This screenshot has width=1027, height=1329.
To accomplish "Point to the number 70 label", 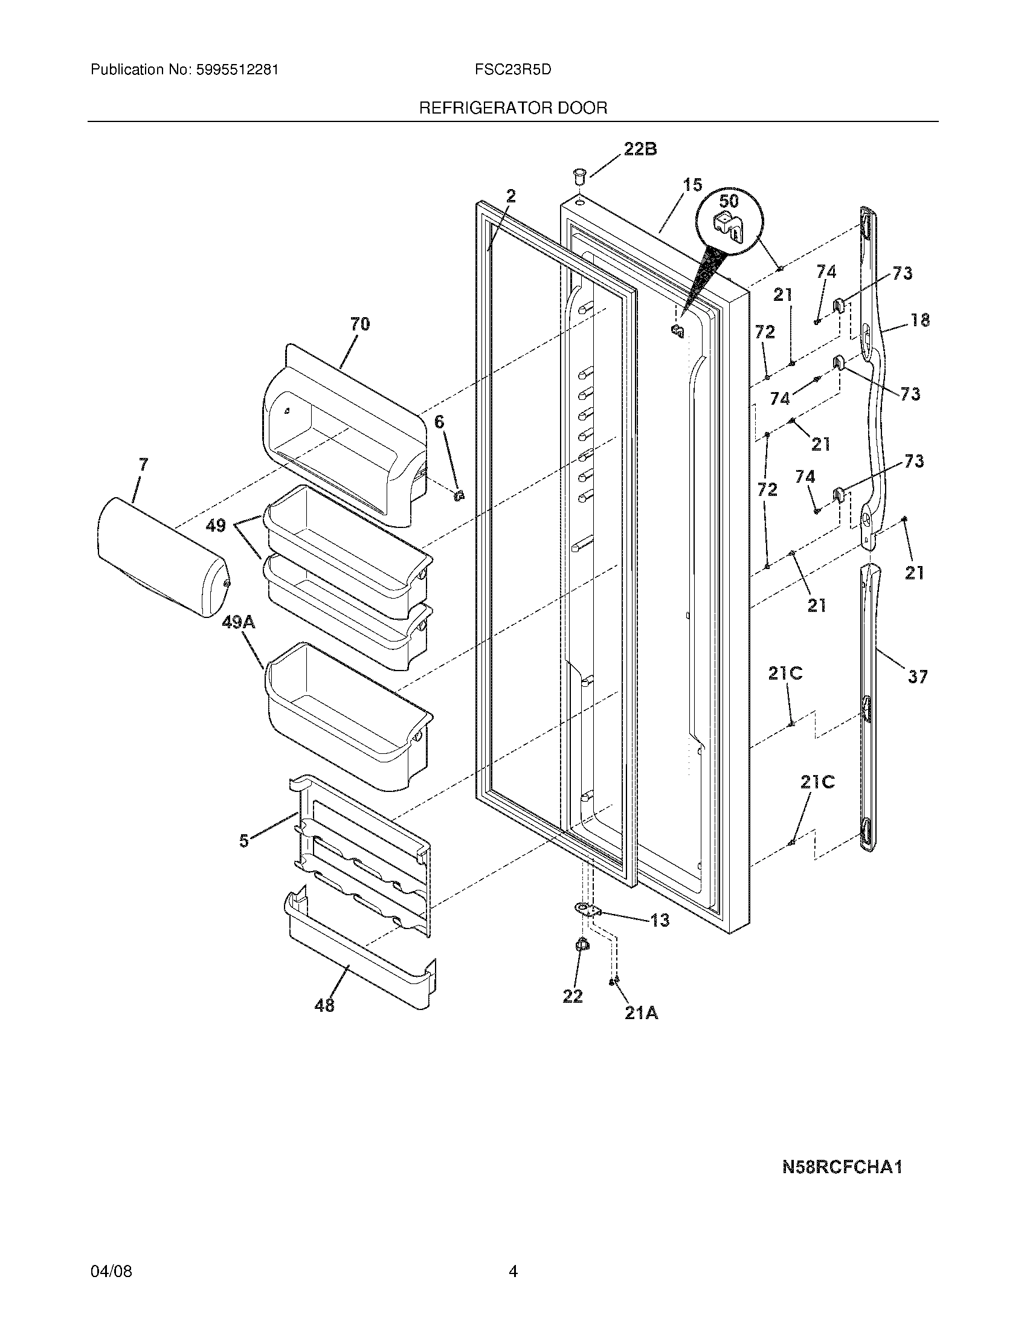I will (x=359, y=324).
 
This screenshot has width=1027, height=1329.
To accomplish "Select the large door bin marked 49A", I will (x=347, y=718).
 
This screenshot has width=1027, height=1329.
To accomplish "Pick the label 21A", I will (x=640, y=1013).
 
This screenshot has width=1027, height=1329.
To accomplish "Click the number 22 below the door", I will (x=572, y=996).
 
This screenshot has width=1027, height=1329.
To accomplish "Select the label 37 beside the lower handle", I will (x=918, y=676).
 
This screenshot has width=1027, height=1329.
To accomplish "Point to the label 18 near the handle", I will (x=920, y=320).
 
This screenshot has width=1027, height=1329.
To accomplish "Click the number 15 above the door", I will (x=692, y=185).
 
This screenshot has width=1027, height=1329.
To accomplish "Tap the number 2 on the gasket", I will (x=510, y=196).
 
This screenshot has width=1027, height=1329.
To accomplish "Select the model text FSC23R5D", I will (x=513, y=70).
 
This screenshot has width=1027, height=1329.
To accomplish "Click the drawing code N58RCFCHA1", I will (x=842, y=1166).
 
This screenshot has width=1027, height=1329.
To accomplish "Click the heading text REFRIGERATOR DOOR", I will (x=513, y=108).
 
